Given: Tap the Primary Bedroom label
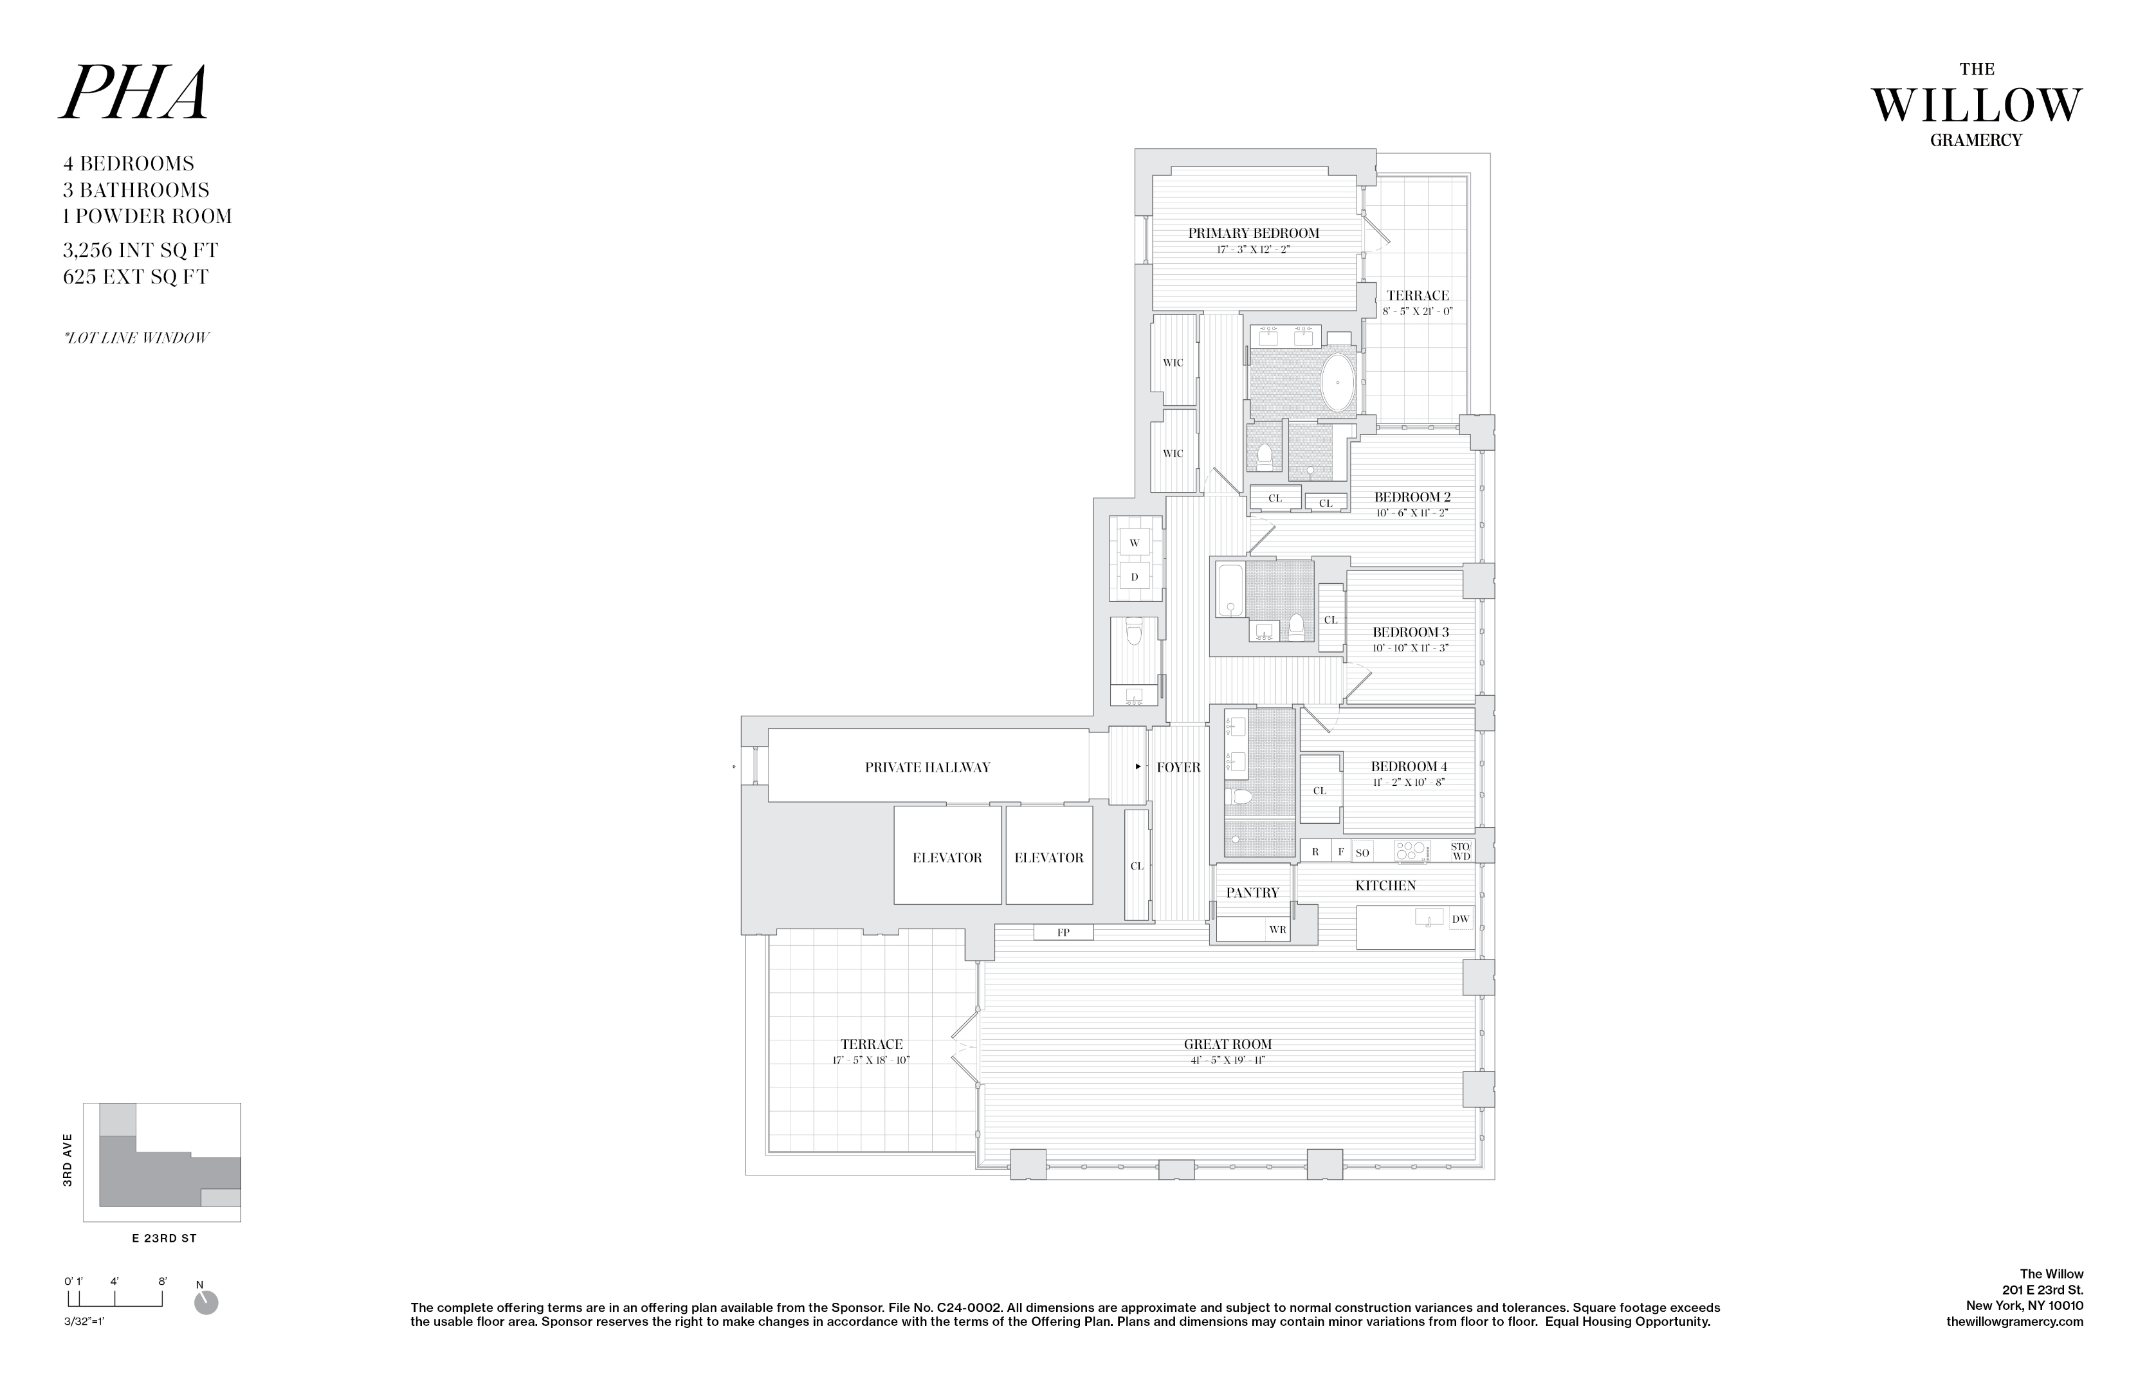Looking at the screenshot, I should (1253, 233).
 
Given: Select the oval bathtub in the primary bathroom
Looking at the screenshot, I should (1338, 383).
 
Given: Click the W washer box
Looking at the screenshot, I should (1134, 543).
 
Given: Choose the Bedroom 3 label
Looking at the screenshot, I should (1410, 632).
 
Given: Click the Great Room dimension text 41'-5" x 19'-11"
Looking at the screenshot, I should (1228, 1060).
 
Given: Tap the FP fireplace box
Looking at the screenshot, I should (1064, 932).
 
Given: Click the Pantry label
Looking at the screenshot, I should (1252, 893).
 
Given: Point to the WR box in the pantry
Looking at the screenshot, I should (1277, 930).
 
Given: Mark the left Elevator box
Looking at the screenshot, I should (947, 858).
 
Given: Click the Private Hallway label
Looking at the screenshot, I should (927, 768).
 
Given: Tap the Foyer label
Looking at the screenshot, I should (1178, 768).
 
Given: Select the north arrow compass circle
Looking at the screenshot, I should (206, 1303).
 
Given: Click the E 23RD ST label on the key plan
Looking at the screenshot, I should (163, 1239).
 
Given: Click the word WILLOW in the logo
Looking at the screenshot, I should (1976, 107).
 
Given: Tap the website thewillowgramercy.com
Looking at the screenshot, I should (2015, 1321).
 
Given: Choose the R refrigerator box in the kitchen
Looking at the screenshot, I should (1315, 851).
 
